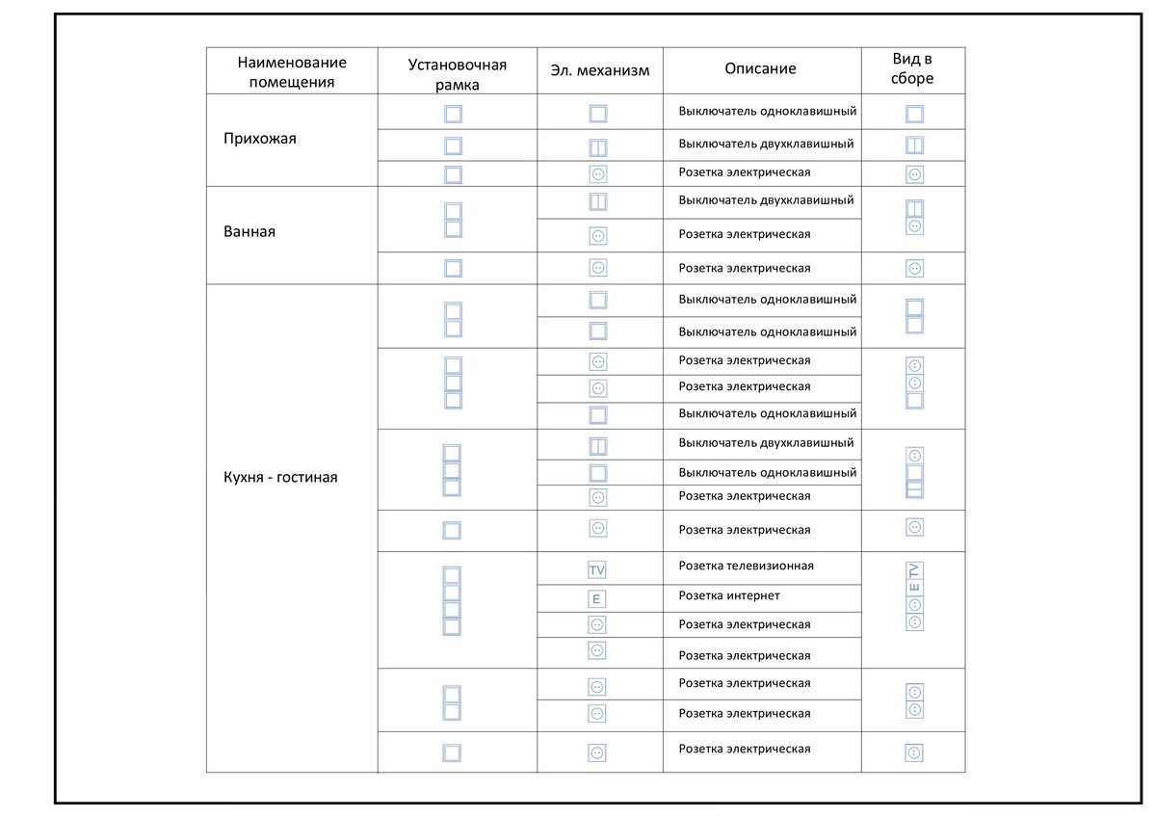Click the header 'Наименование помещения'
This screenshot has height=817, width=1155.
click(292, 71)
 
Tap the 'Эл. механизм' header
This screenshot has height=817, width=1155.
click(599, 70)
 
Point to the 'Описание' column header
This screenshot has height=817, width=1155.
click(760, 68)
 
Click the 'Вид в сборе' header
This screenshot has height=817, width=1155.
click(912, 69)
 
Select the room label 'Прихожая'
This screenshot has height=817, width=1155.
click(260, 139)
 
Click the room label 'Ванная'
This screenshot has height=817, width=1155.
click(249, 232)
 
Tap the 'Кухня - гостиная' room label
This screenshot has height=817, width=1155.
click(280, 477)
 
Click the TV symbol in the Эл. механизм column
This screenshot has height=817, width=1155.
click(597, 570)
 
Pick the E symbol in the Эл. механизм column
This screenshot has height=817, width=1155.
click(597, 599)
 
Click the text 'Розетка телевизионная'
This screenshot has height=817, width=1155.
click(746, 566)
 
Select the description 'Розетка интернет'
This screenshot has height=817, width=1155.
click(728, 595)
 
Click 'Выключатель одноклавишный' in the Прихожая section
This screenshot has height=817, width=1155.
click(767, 111)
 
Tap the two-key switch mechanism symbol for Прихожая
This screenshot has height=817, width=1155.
click(597, 148)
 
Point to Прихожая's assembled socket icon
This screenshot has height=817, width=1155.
click(914, 174)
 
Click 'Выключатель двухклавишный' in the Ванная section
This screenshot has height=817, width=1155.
click(766, 200)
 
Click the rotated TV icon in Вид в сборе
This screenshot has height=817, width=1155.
click(914, 570)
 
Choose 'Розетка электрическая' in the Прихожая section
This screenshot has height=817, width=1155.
click(744, 172)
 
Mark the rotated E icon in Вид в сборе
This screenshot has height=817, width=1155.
click(914, 588)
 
